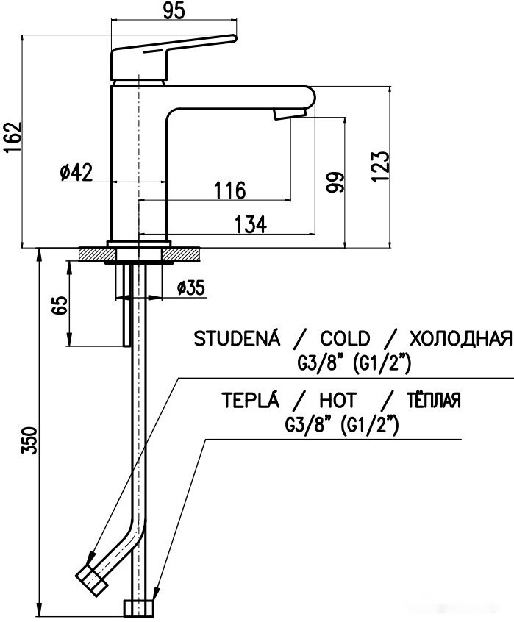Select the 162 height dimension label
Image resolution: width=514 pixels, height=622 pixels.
(13, 137)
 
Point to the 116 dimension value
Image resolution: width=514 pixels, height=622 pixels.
(229, 190)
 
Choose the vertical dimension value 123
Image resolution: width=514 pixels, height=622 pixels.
(379, 167)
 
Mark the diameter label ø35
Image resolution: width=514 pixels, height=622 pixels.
(190, 288)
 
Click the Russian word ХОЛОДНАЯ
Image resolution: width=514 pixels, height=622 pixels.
(459, 339)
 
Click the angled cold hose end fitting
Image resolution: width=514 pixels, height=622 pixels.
(93, 580)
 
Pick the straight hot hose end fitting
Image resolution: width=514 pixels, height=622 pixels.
(140, 607)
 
